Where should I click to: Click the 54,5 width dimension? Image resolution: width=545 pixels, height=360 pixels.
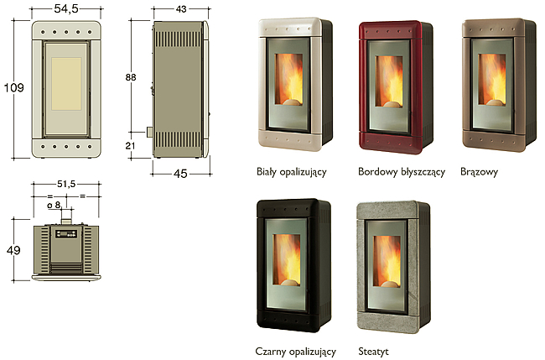coord(66,8)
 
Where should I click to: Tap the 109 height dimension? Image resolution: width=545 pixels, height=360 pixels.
coord(14,87)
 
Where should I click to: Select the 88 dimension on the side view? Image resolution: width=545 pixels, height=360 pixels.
coord(131,77)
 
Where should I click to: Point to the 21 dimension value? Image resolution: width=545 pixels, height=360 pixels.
coord(130,145)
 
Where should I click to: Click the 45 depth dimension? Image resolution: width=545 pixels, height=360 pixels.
coord(180,174)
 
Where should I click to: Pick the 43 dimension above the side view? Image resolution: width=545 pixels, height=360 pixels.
coord(181,9)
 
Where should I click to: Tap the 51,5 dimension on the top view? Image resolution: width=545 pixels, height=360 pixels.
coord(66,184)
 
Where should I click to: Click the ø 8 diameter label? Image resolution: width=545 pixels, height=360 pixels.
coord(54,205)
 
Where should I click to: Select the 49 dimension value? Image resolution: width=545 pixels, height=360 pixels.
coord(13,250)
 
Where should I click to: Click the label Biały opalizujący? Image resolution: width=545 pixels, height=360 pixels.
coord(292,172)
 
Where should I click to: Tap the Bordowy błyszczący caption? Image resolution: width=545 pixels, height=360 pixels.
coord(402,172)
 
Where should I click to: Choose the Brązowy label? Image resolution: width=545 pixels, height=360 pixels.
coord(479,172)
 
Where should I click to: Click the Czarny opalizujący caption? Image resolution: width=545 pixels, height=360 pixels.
coord(296,352)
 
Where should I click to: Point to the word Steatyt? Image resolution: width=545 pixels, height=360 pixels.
coord(373,352)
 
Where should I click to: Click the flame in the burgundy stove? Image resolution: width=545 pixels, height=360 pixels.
coord(389,81)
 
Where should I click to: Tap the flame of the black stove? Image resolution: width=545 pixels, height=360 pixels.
coord(287,259)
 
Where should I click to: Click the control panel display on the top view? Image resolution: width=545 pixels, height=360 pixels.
coord(66,234)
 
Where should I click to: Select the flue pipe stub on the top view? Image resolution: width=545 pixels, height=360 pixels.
coord(66,222)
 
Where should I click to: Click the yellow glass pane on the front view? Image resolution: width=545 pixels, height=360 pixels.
coord(66,84)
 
